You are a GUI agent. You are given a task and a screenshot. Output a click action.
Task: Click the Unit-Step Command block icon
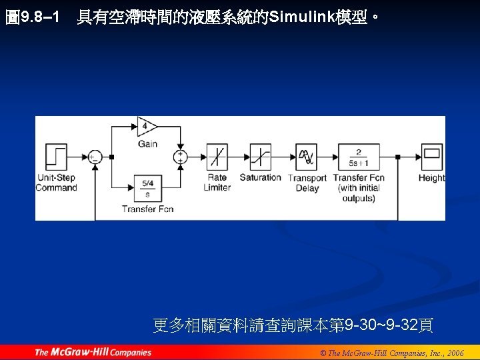click(56, 157)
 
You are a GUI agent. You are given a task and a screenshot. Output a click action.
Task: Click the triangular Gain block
click(147, 126)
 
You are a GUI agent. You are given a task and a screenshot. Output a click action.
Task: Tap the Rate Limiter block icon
click(217, 157)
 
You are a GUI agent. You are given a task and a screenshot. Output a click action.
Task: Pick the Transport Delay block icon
click(307, 157)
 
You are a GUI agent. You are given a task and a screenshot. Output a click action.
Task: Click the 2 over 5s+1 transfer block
click(358, 157)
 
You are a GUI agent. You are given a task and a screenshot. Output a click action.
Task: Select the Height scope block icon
click(431, 157)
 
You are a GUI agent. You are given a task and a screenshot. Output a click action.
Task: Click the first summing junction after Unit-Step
click(95, 157)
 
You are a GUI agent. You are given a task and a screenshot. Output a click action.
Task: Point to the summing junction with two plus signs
click(180, 157)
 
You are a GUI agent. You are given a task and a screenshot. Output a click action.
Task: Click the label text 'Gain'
click(147, 143)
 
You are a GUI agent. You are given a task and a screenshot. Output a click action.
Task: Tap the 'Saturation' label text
click(261, 177)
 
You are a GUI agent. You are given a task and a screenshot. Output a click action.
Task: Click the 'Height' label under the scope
click(431, 177)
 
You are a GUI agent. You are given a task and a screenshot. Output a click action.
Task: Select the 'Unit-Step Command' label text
click(57, 183)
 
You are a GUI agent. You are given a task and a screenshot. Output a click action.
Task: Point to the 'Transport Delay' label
click(307, 183)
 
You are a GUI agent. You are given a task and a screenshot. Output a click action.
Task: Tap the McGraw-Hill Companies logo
click(93, 352)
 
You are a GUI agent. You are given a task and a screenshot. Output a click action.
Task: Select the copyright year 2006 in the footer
click(455, 353)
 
